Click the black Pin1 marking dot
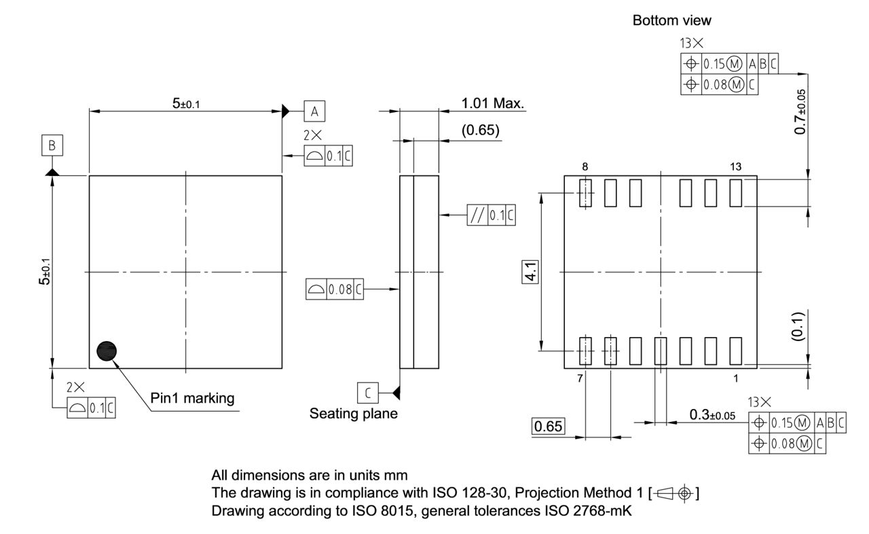pos(107,351)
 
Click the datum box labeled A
pos(314,111)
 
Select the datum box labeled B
pos(52,145)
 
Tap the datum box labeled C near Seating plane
pos(367,393)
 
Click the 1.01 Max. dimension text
pos(493,104)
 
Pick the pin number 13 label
pos(736,166)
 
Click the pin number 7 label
pos(580,378)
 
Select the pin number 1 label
pos(735,378)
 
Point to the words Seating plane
pos(354,413)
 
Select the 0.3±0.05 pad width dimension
pos(712,415)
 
